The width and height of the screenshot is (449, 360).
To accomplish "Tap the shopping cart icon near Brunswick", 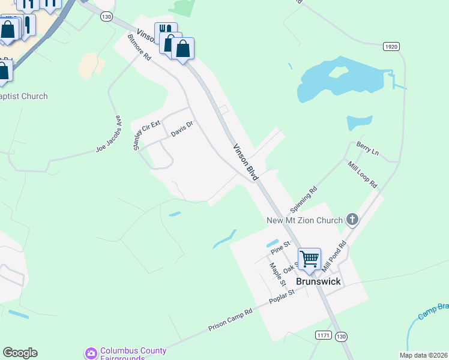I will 309,259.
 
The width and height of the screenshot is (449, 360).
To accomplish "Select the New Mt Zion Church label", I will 304,220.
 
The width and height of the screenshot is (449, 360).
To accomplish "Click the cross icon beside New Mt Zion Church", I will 352,220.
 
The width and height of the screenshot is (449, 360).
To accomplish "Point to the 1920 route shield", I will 391,46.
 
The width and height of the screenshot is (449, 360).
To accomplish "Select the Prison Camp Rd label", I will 230,319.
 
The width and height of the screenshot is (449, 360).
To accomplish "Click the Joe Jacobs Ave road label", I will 109,134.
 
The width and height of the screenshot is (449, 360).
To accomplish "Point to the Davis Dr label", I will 182,128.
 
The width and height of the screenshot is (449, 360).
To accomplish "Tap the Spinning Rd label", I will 303,200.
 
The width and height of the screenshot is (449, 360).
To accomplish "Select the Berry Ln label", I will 367,149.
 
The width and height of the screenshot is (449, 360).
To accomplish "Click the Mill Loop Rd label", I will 362,174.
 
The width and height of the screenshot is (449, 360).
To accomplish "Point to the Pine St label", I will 280,245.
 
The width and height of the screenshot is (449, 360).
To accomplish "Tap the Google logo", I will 20,353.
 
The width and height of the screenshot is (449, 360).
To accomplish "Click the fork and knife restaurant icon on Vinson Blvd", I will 164,29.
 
